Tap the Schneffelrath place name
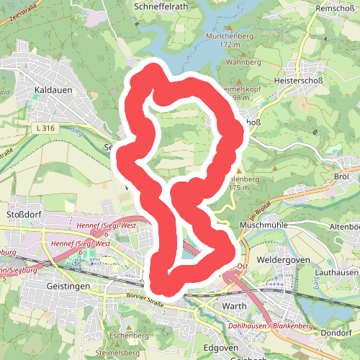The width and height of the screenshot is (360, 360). click(161, 5)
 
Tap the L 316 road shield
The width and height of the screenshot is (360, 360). click(44, 128)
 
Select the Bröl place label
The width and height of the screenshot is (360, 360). click(341, 176)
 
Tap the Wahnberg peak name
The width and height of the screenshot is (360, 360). click(243, 62)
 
